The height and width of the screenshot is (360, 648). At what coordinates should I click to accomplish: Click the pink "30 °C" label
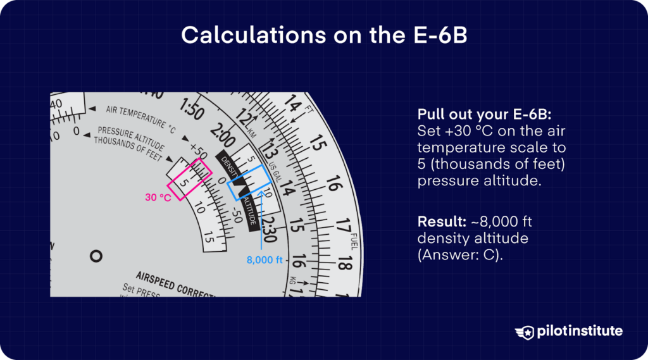(158, 197)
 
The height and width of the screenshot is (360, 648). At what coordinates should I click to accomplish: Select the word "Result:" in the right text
(437, 223)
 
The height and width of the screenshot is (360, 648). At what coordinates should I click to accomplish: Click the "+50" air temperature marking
(198, 152)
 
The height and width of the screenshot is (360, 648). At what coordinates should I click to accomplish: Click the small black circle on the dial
(96, 256)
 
